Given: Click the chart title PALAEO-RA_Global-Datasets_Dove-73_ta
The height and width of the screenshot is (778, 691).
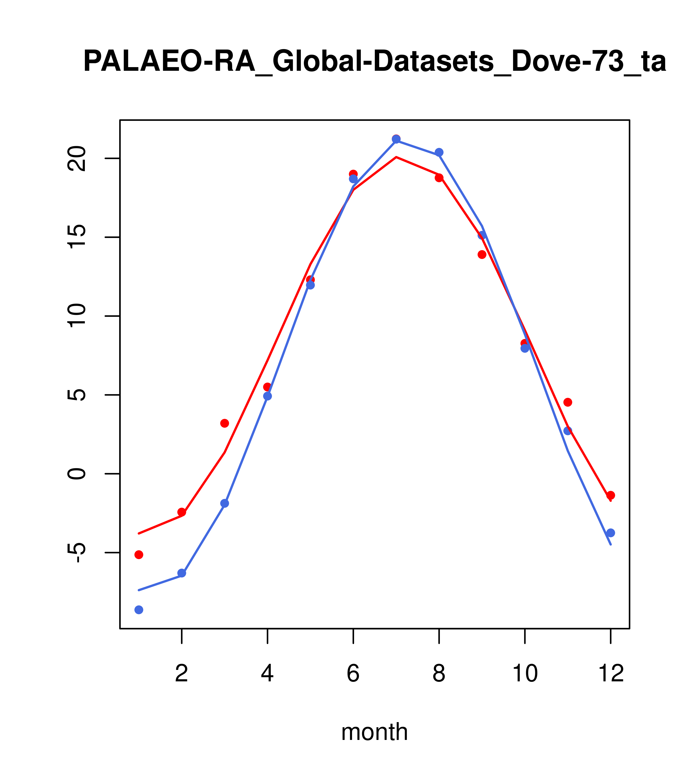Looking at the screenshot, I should (x=375, y=62).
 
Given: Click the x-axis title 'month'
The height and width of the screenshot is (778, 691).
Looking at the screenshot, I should (x=374, y=732).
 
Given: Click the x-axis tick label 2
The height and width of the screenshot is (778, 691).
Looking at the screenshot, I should (x=182, y=674).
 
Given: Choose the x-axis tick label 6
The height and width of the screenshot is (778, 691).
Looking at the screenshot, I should (x=353, y=674).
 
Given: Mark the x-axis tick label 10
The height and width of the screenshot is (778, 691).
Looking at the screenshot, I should (x=525, y=674).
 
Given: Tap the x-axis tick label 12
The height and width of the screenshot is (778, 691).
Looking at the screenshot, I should (x=611, y=674).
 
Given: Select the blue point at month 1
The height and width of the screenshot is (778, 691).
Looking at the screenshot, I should (x=139, y=610).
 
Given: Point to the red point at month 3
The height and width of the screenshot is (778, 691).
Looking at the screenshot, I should (x=225, y=423).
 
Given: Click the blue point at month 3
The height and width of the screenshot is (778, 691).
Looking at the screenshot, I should (x=225, y=503).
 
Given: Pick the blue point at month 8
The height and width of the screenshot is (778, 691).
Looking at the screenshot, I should (x=439, y=152).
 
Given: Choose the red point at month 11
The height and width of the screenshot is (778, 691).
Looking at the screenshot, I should (x=568, y=402).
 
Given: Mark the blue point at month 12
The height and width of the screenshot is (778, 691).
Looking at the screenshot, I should (x=611, y=533).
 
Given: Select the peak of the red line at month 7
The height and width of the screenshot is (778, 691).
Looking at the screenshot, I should (x=396, y=157).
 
